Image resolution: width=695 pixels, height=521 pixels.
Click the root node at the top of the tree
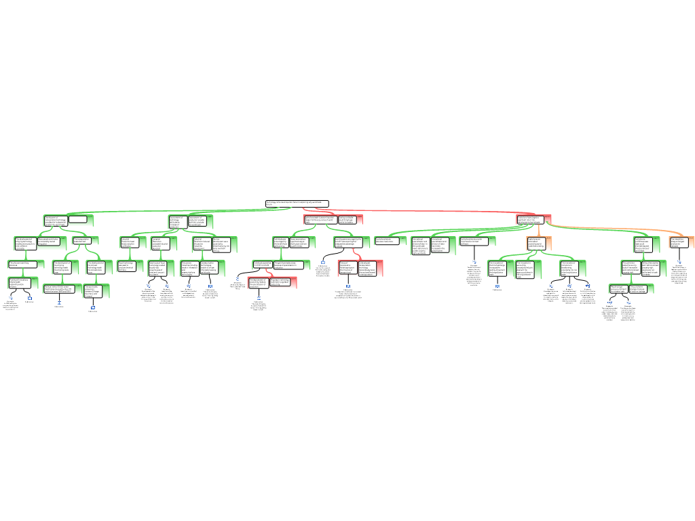click(297, 204)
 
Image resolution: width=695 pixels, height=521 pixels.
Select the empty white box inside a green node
click(77, 220)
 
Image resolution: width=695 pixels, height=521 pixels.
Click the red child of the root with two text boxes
click(333, 220)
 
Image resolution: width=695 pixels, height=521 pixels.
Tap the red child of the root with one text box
click(533, 219)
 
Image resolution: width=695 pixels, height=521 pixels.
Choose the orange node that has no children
click(681, 242)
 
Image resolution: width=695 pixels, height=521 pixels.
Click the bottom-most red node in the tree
click(271, 282)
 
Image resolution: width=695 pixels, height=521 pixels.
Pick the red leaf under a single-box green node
click(360, 268)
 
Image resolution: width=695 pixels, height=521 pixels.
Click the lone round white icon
click(238, 279)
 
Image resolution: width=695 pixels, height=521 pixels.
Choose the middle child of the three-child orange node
click(529, 269)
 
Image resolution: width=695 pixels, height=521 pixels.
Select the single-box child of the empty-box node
click(86, 239)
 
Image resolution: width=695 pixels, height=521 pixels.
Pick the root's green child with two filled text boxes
click(191, 221)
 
